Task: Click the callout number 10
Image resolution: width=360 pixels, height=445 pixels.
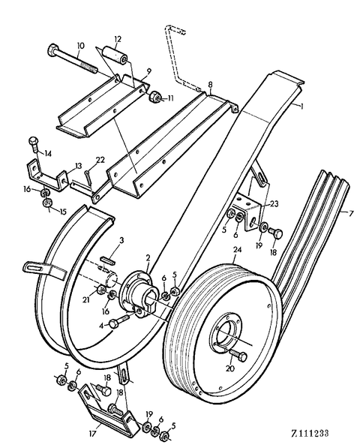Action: click(x=80, y=46)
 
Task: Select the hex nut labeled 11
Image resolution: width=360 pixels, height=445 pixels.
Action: click(x=156, y=97)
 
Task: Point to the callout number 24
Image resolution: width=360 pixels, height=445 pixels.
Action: click(x=237, y=250)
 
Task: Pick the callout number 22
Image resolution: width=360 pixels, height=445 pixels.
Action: click(x=100, y=160)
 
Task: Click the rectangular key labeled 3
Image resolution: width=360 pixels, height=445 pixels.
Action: click(x=108, y=260)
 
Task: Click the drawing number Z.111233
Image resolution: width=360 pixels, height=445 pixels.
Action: click(x=310, y=433)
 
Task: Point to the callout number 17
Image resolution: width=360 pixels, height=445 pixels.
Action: click(x=93, y=433)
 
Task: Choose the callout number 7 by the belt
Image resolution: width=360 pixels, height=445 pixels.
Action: click(x=351, y=212)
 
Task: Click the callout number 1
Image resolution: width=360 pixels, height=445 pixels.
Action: click(x=301, y=107)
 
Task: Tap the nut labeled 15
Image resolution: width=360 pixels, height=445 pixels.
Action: click(x=46, y=203)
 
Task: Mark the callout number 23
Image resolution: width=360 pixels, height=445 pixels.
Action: click(x=274, y=203)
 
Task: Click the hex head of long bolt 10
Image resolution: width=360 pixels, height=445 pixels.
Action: click(x=53, y=51)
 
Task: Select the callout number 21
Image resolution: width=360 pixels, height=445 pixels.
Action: click(x=85, y=299)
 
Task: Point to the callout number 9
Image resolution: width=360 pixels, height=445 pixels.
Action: click(x=149, y=70)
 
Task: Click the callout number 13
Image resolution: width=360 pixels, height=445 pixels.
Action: click(x=78, y=165)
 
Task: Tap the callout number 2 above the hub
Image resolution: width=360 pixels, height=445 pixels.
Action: click(x=148, y=257)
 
